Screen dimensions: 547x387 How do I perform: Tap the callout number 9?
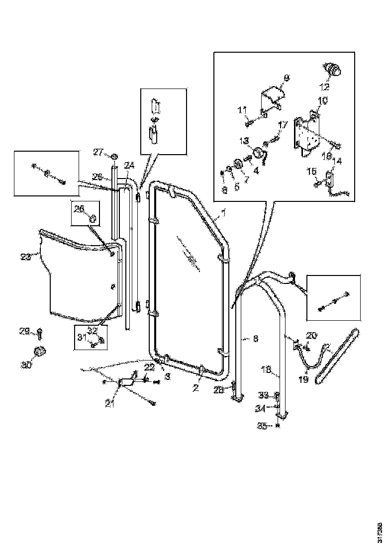point(287,78)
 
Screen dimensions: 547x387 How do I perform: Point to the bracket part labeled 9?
point(271,97)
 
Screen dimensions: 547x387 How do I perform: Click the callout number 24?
point(129,165)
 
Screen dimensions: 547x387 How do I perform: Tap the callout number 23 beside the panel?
point(26,257)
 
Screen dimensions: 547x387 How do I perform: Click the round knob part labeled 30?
point(39,352)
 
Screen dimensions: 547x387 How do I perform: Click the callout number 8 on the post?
point(255,339)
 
